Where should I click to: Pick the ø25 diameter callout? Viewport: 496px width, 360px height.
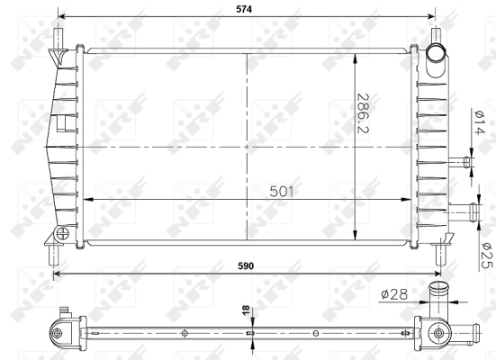(x=483, y=256)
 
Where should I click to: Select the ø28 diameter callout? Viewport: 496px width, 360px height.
(x=392, y=293)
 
